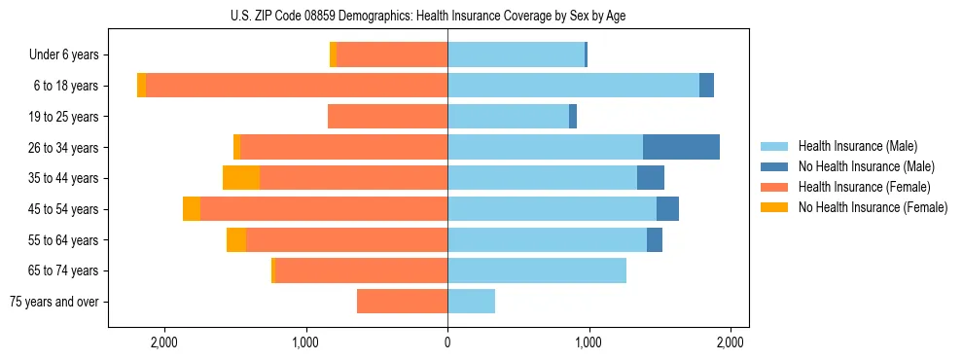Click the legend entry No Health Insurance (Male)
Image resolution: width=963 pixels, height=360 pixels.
tap(860, 166)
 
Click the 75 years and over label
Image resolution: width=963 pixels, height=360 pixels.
tap(53, 302)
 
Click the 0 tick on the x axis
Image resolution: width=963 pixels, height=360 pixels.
tap(447, 342)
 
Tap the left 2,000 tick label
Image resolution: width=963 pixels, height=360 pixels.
tap(163, 342)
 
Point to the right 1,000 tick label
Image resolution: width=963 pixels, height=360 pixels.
tap(588, 342)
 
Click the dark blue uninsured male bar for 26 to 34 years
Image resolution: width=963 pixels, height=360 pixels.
tap(681, 147)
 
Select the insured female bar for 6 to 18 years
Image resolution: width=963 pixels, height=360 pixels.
tap(297, 86)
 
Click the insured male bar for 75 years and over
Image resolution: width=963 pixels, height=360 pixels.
tap(471, 302)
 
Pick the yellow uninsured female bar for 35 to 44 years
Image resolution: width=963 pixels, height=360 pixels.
tap(241, 178)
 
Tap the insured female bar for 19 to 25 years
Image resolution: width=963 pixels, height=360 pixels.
tap(387, 117)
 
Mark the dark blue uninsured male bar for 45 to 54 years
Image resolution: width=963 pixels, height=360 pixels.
tap(667, 209)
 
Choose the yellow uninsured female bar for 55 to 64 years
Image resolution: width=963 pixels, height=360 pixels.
tap(236, 240)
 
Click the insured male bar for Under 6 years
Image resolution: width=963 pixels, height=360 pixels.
tap(516, 55)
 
